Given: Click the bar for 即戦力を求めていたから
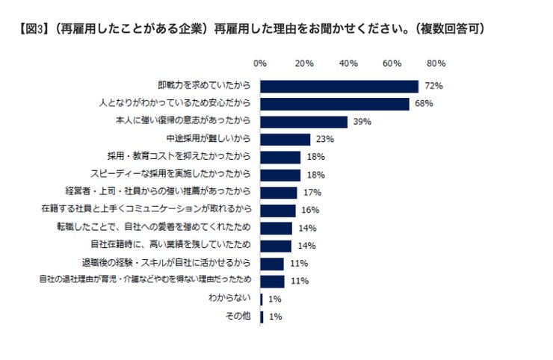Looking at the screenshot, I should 339,86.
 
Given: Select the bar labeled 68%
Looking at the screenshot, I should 335,104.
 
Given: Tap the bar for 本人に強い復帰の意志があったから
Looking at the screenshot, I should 304,122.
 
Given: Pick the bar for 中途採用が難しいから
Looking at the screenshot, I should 285,140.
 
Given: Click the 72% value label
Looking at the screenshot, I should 433,86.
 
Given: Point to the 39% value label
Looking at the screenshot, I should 362,122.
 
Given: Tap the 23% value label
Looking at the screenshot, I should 324,140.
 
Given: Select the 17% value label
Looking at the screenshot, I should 312,193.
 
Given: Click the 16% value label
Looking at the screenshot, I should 309,211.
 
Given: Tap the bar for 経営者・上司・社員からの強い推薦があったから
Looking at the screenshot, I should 279,193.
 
